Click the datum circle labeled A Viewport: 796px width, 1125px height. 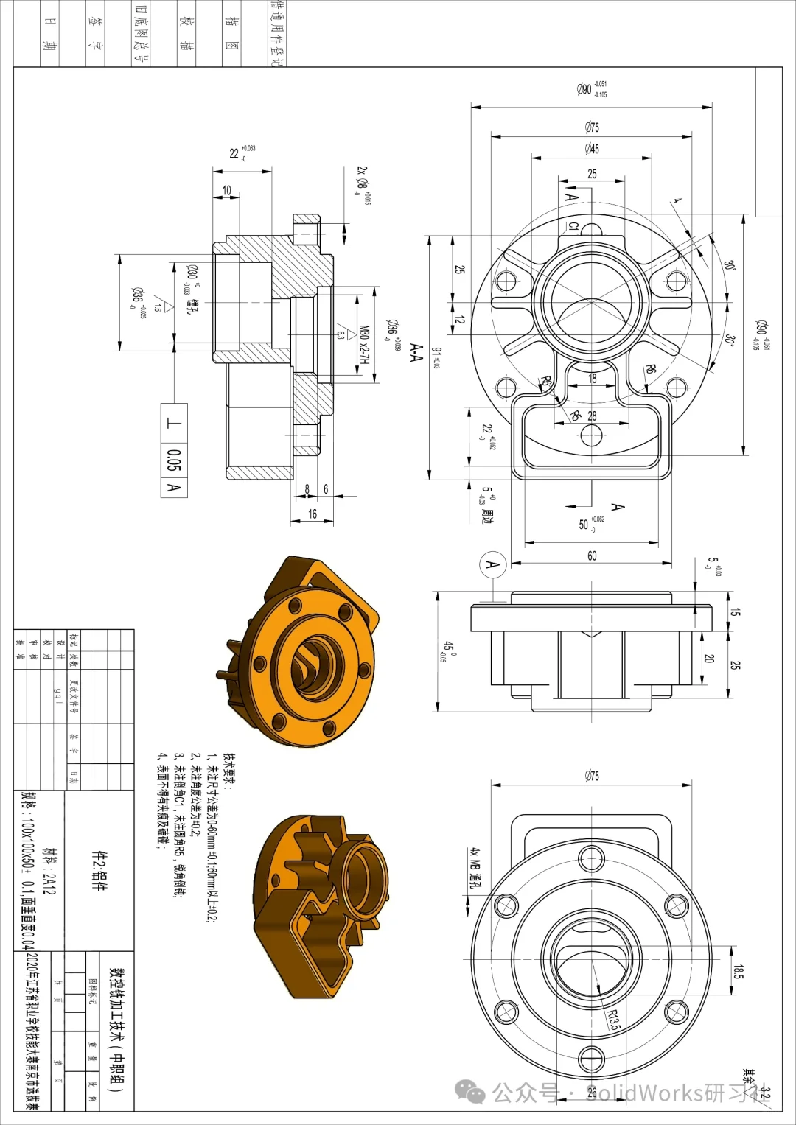[x=493, y=565]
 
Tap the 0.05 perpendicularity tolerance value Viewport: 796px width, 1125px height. [x=174, y=460]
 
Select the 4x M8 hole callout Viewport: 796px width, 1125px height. [x=475, y=867]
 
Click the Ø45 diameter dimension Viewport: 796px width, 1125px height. [x=592, y=149]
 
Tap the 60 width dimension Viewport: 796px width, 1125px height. [x=592, y=556]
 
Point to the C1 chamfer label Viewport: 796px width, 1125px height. [x=574, y=226]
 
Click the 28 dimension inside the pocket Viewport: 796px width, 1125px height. [x=592, y=416]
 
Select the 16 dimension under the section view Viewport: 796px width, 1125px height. [x=313, y=514]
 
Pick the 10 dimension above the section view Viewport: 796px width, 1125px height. [x=227, y=190]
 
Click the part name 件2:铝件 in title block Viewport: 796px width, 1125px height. [x=97, y=870]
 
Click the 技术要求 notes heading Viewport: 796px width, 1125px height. [x=228, y=771]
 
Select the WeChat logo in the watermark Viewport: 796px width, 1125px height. [x=470, y=1092]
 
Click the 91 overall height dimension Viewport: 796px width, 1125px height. [x=436, y=358]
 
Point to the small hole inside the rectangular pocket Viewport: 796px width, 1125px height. [x=592, y=435]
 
